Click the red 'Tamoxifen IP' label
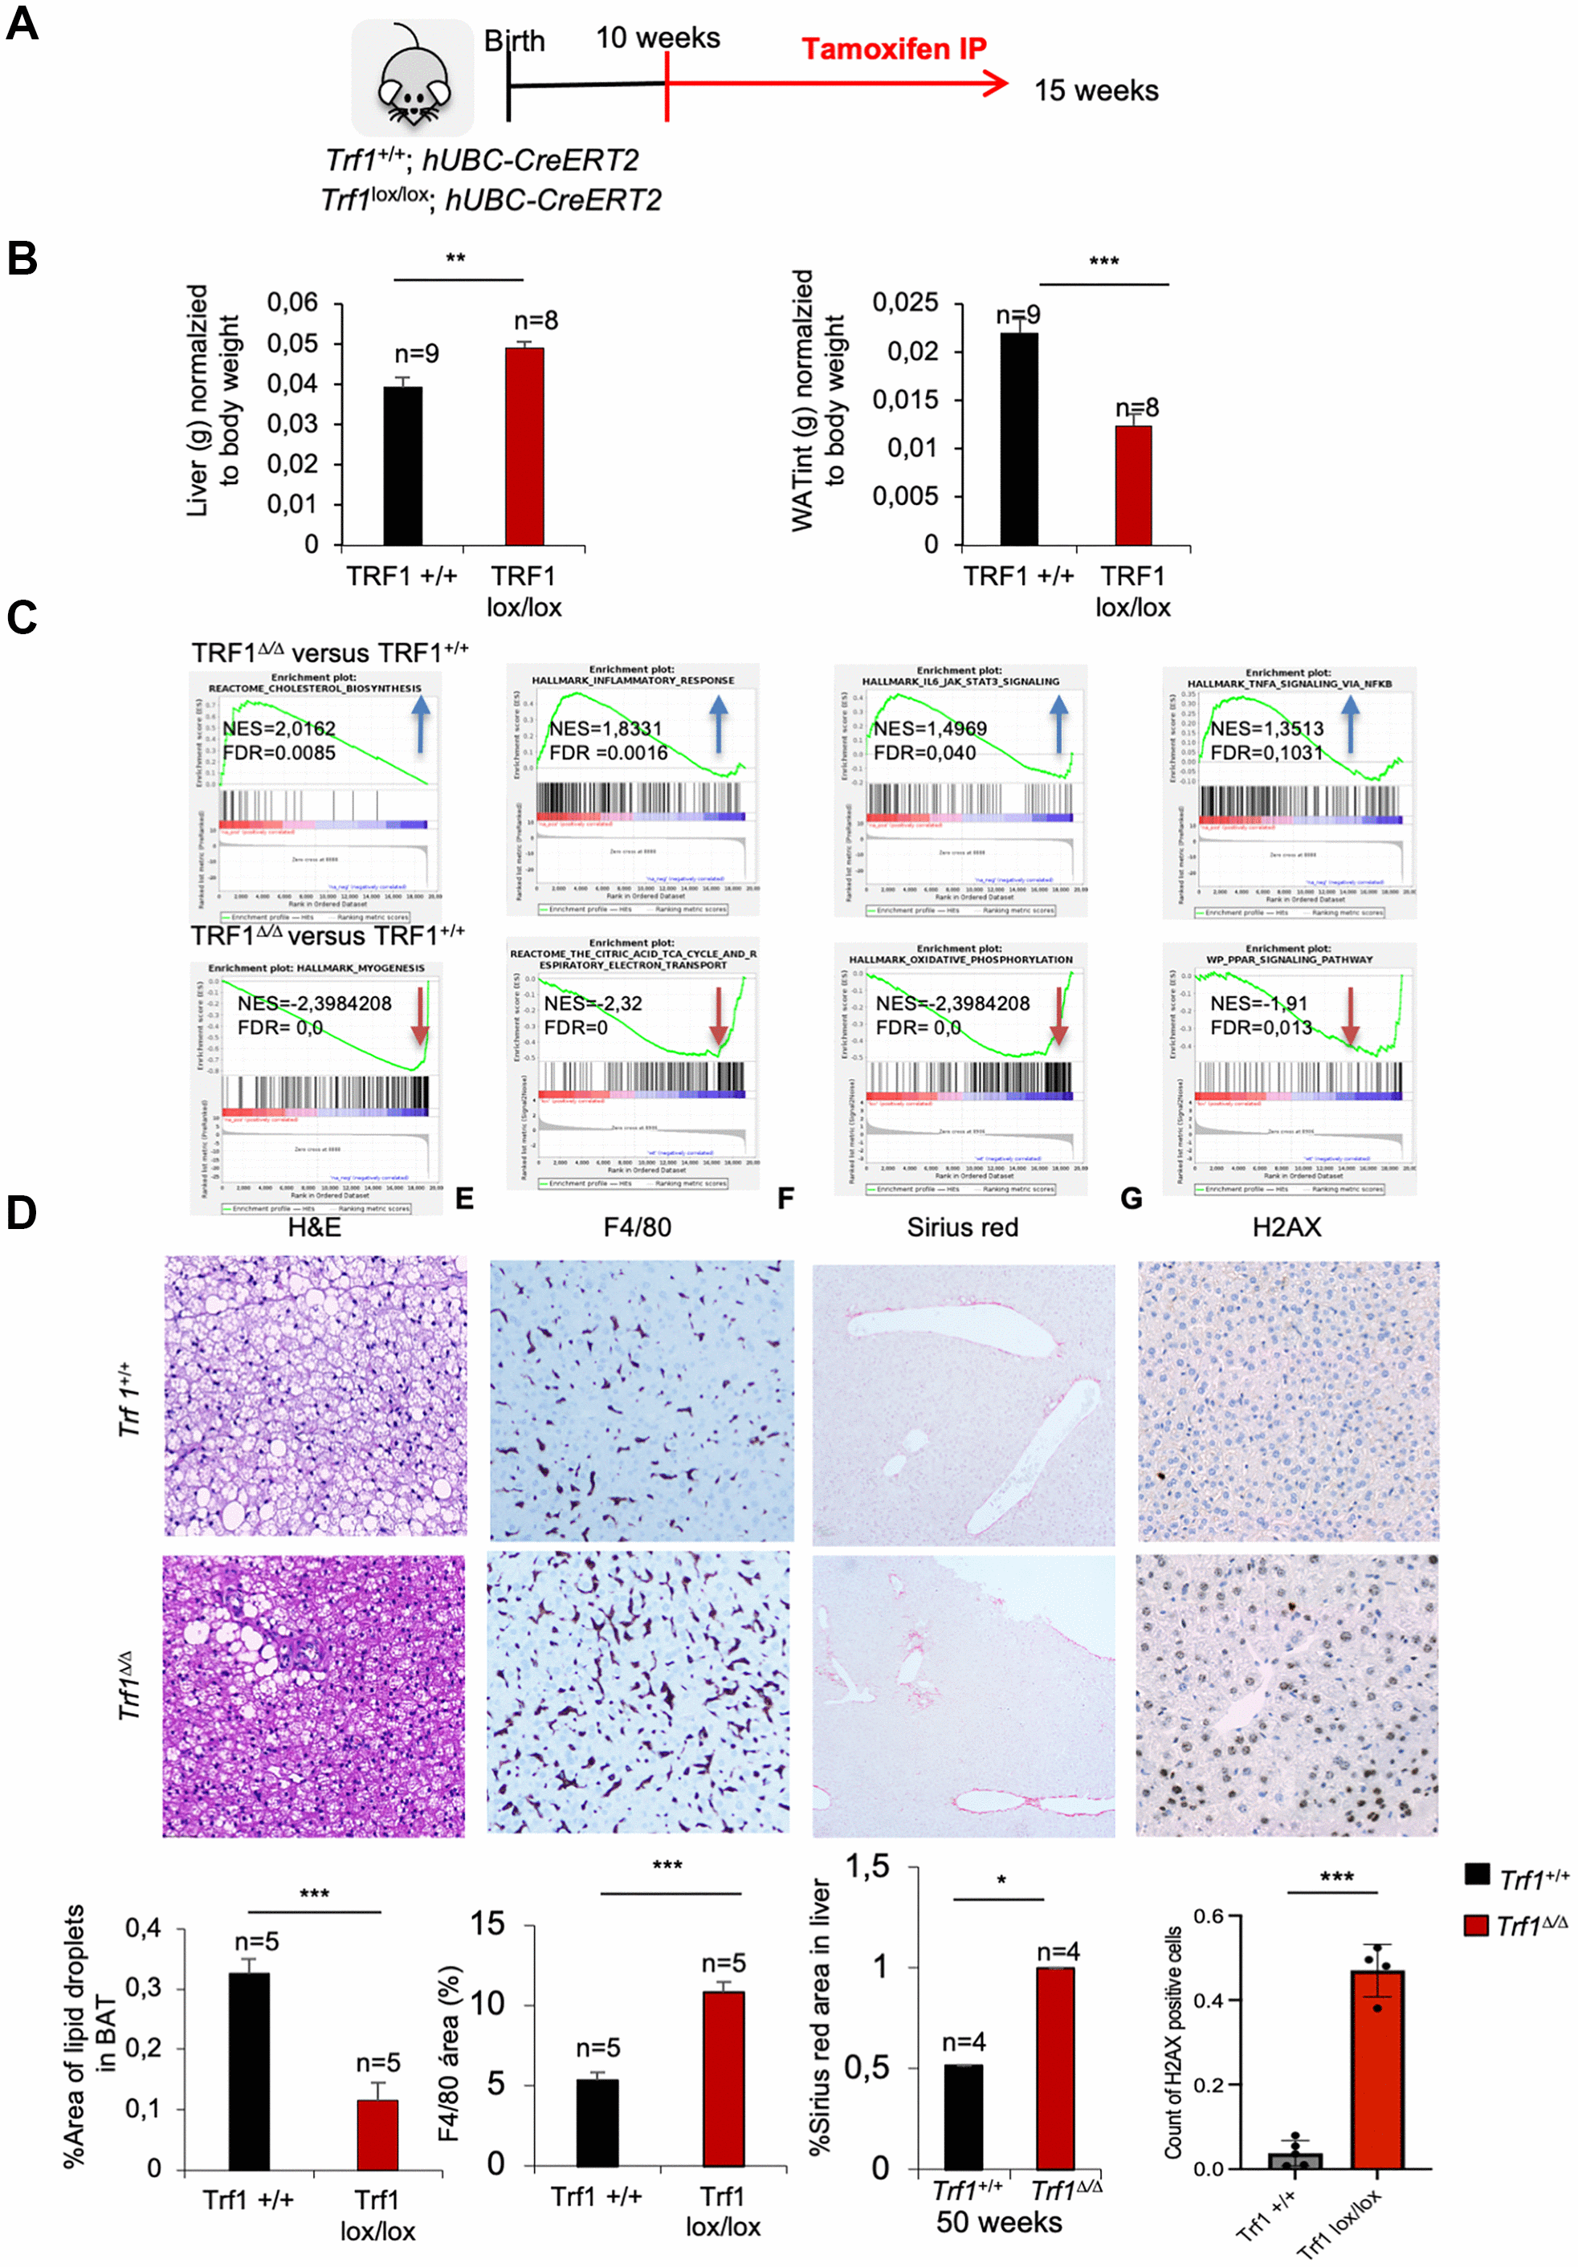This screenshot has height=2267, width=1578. click(x=893, y=48)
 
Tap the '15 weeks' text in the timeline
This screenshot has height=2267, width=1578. click(x=1095, y=91)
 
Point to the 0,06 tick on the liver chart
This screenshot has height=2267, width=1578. click(x=293, y=303)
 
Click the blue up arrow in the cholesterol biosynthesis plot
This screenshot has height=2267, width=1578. click(x=421, y=724)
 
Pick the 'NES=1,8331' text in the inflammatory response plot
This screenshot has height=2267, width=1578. click(x=606, y=729)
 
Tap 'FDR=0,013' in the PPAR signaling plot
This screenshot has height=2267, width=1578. click(x=1261, y=1028)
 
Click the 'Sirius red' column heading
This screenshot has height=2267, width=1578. click(x=962, y=1227)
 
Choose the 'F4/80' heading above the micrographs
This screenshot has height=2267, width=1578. click(x=637, y=1227)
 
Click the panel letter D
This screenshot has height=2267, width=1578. click(x=22, y=1212)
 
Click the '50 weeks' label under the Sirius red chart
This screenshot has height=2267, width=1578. click(x=998, y=2223)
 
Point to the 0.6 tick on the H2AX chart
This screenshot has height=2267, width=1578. click(x=1209, y=1916)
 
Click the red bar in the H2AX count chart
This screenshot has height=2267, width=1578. click(x=1376, y=2069)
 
